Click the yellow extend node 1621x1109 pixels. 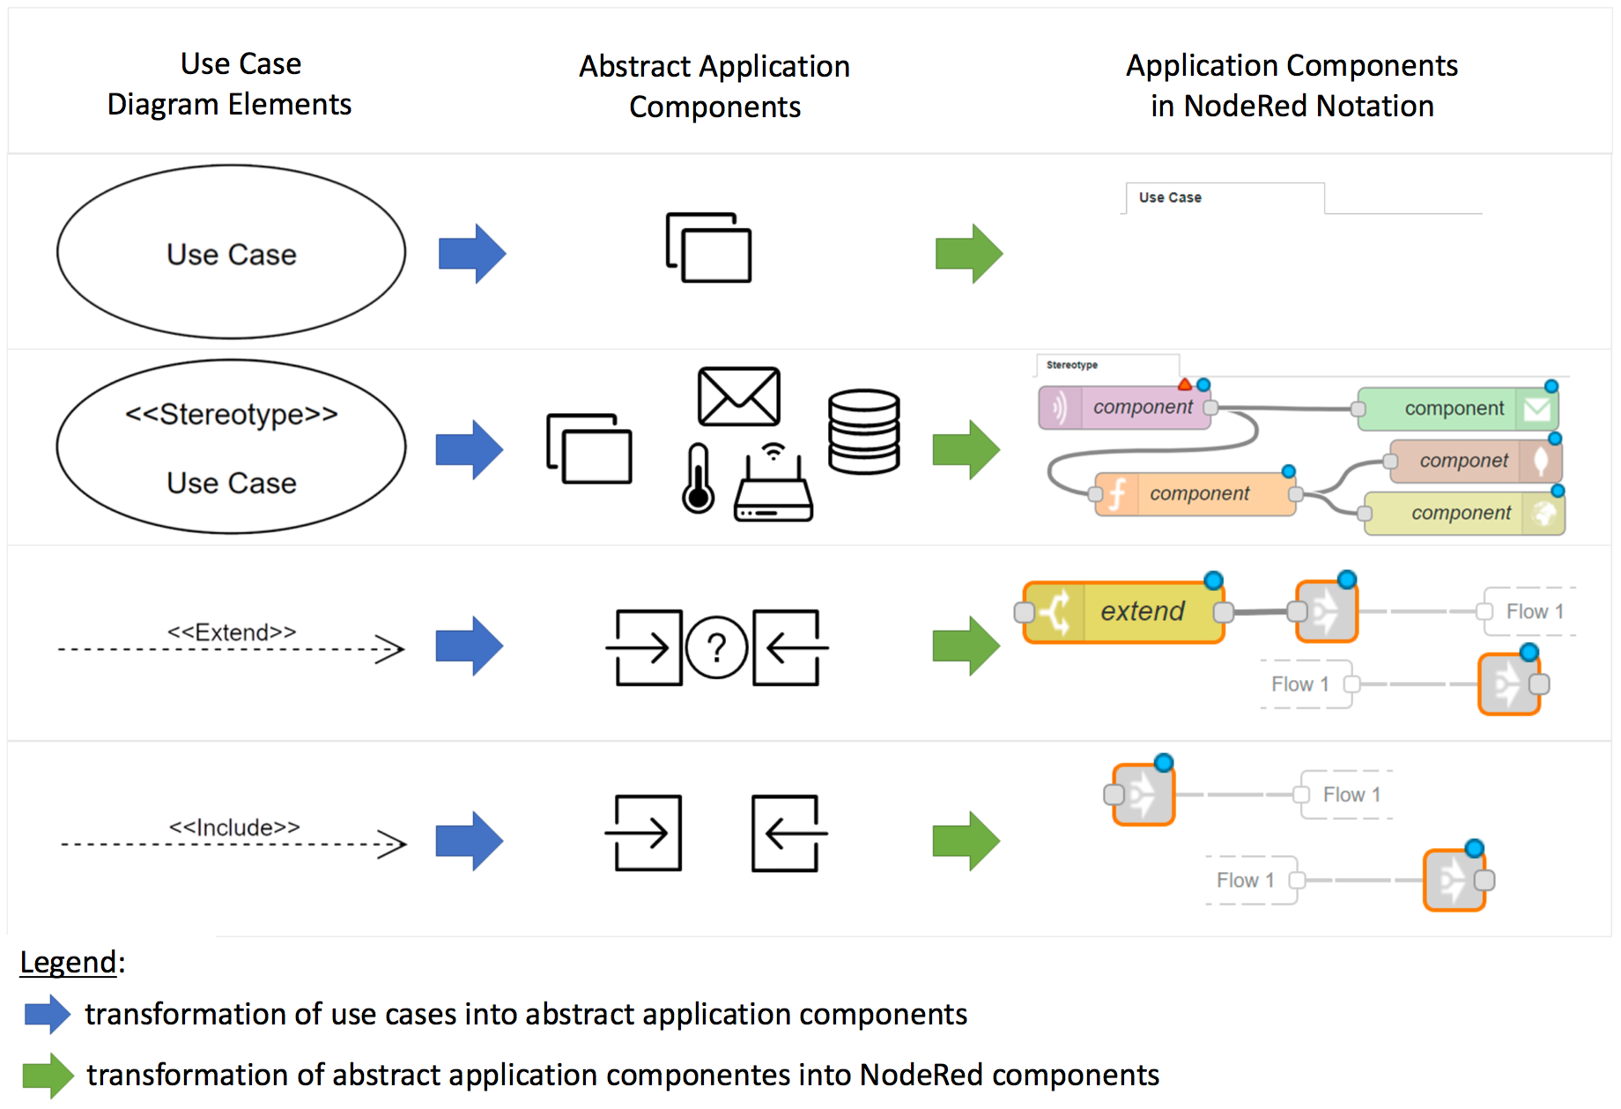coord(1124,612)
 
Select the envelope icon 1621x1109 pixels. coord(738,396)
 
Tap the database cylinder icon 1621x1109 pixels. coord(863,432)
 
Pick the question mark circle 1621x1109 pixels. coord(716,648)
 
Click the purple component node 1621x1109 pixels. coord(1125,408)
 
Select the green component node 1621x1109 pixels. coord(1457,409)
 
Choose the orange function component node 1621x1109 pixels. coord(1195,494)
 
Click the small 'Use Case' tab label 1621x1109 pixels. coord(1170,197)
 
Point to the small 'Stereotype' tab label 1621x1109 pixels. coord(1072,365)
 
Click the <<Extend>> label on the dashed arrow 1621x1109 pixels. coord(232,632)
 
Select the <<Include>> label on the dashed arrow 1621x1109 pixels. coord(234,828)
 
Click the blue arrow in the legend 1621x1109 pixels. coord(48,1014)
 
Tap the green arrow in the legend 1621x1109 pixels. coord(48,1076)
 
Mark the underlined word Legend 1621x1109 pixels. coord(68,962)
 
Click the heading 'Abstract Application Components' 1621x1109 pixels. coord(714,86)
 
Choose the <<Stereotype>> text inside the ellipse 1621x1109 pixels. coord(232,414)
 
